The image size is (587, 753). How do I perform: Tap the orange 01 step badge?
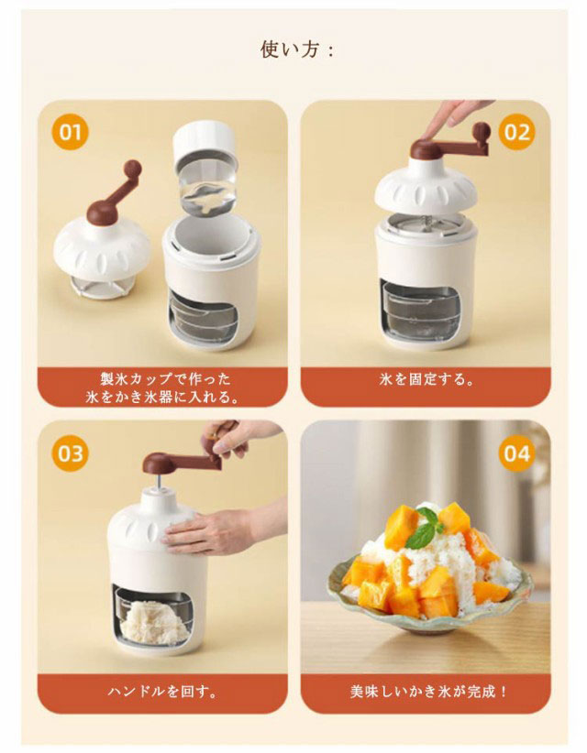pyautogui.click(x=71, y=131)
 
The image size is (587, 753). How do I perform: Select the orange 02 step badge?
pyautogui.click(x=516, y=131)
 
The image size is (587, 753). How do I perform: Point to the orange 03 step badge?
pyautogui.click(x=71, y=453)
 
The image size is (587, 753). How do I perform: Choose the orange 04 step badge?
pyautogui.click(x=516, y=453)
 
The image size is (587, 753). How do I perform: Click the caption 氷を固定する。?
pyautogui.click(x=426, y=379)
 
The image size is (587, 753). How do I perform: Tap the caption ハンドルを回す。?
pyautogui.click(x=162, y=692)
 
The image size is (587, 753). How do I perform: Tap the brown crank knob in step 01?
pyautogui.click(x=133, y=169)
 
